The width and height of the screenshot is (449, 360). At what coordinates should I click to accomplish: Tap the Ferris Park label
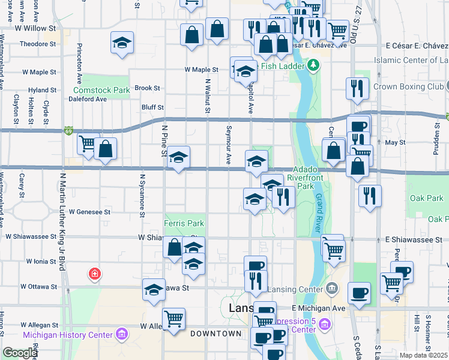(x=184, y=223)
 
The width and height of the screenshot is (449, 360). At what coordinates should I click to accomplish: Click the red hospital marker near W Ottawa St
(x=95, y=275)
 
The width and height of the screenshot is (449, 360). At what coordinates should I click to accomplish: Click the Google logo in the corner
(x=19, y=353)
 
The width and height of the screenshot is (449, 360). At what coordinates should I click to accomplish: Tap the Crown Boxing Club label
(x=408, y=86)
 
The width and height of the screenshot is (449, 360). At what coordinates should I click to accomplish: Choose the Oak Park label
(x=426, y=198)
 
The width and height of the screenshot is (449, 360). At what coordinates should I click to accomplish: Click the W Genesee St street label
(x=90, y=212)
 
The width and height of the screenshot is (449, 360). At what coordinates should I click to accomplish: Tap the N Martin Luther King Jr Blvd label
(x=62, y=222)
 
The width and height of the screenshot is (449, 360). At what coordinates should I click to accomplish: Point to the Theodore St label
(x=37, y=44)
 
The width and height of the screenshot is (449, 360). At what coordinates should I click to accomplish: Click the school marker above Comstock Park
(x=122, y=43)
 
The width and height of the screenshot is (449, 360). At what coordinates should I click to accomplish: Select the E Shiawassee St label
(x=414, y=239)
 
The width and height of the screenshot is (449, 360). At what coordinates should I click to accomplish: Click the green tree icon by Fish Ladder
(x=313, y=64)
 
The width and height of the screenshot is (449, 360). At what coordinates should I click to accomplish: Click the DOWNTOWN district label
(x=215, y=334)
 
